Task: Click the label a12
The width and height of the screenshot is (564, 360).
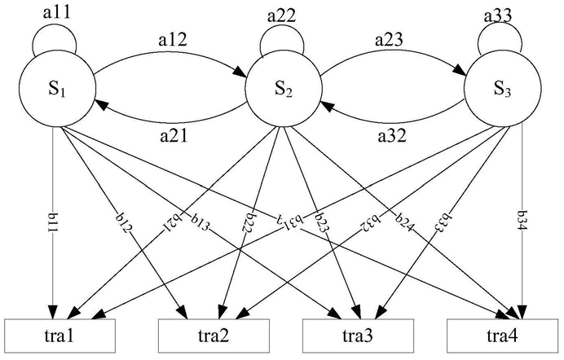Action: point(173,40)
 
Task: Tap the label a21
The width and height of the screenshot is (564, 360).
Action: point(174,135)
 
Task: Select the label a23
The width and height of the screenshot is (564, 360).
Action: point(389,40)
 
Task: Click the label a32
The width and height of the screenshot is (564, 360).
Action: point(392,135)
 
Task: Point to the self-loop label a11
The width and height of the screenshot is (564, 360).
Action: point(57,12)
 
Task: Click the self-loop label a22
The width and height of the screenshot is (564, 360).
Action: point(282,15)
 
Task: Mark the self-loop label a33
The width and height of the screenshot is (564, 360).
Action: point(498,15)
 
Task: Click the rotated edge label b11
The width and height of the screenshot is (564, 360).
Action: point(54,222)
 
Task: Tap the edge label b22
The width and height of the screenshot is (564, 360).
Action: point(249,221)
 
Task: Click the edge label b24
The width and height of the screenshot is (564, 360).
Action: point(405,223)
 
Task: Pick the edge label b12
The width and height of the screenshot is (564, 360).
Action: point(125,222)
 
